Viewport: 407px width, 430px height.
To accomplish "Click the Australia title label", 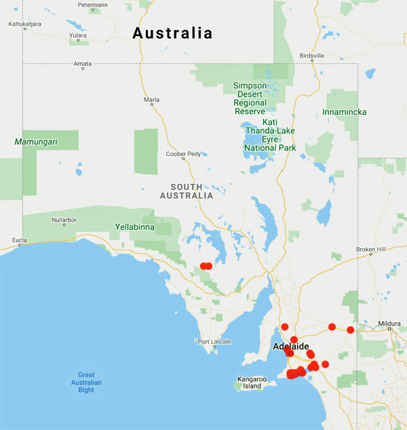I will pyautogui.click(x=172, y=33).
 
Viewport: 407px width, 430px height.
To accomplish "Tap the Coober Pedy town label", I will pyautogui.click(x=183, y=154).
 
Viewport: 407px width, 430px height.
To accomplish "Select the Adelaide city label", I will pyautogui.click(x=290, y=347).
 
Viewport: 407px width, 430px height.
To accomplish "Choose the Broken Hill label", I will pyautogui.click(x=370, y=250).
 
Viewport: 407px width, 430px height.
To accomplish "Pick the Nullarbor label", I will pyautogui.click(x=65, y=220).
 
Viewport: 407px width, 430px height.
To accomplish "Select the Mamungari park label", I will pyautogui.click(x=37, y=142).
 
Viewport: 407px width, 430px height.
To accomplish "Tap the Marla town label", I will pyautogui.click(x=152, y=100).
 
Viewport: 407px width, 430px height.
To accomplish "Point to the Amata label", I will pyautogui.click(x=83, y=64).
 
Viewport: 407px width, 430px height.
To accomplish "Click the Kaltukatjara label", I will pyautogui.click(x=24, y=24).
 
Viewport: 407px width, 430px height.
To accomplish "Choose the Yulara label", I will pyautogui.click(x=78, y=35).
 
